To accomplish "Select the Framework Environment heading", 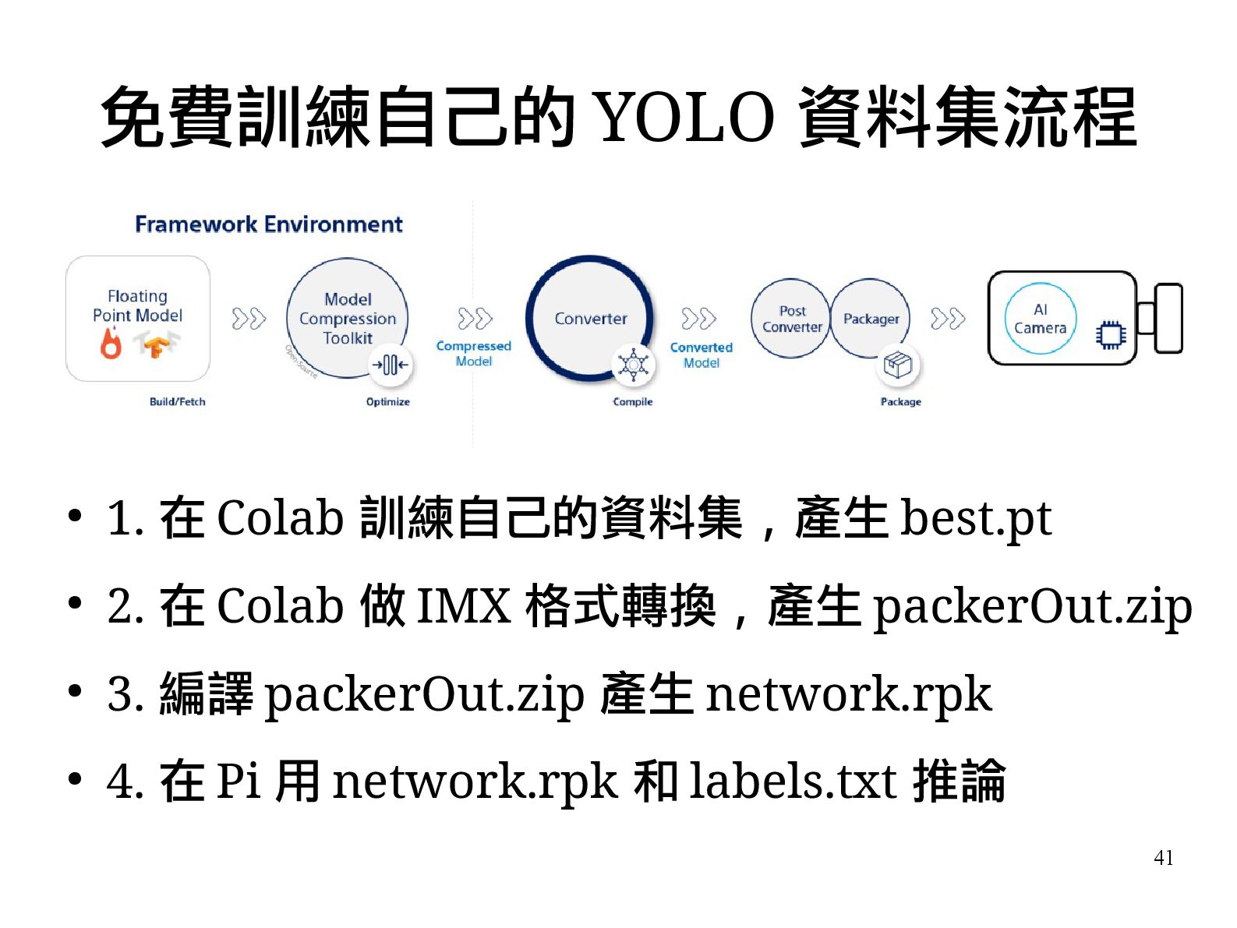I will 268,224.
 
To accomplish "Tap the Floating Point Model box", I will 138,318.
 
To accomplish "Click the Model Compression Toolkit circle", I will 347,318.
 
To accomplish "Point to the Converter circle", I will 590,318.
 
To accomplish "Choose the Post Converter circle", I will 791,319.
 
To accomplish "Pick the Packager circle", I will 871,319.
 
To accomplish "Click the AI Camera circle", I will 1040,319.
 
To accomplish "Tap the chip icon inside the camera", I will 1111,334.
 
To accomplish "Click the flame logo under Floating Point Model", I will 111,343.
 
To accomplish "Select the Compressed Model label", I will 473,353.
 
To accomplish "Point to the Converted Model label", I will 701,355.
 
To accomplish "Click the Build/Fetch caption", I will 177,402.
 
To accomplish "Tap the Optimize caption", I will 387,402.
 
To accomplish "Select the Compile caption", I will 632,402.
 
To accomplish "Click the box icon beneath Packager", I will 897,365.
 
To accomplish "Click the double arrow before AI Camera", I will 947,319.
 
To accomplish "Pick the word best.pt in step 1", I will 975,518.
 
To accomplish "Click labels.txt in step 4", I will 792,781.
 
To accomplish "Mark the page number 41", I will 1163,858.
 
